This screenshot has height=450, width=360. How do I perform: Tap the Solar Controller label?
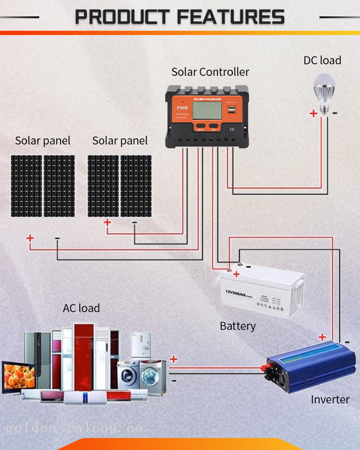click(210, 72)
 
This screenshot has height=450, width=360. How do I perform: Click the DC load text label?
click(322, 61)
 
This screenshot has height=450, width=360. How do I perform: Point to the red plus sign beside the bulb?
click(313, 113)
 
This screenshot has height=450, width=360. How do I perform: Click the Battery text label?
click(238, 326)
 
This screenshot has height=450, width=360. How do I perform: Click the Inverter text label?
click(330, 400)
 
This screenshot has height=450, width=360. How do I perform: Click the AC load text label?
click(81, 308)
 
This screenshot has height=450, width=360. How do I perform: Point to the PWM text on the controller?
click(181, 108)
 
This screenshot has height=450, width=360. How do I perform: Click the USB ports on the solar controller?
click(231, 110)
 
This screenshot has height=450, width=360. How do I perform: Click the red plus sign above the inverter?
click(322, 338)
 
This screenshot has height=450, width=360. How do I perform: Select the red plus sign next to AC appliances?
click(173, 359)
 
